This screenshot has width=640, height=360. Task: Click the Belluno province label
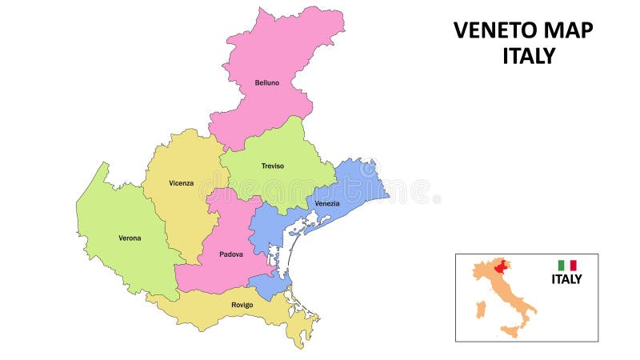click(x=267, y=82)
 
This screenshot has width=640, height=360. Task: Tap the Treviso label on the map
click(x=273, y=166)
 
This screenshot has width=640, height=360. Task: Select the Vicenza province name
click(x=181, y=183)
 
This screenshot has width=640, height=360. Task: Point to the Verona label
click(x=130, y=238)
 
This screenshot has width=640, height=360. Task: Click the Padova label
click(x=230, y=254)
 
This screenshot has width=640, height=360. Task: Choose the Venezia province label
click(x=326, y=203)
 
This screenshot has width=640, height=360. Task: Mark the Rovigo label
click(x=242, y=305)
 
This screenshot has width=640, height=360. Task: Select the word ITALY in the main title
click(x=529, y=56)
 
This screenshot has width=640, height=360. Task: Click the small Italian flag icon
click(x=567, y=265)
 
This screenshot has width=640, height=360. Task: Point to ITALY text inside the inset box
click(x=566, y=279)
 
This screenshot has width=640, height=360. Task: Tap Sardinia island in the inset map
click(x=480, y=308)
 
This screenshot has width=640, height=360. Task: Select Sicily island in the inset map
click(x=509, y=330)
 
